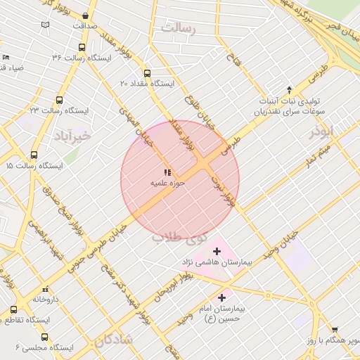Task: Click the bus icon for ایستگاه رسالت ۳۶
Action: (82, 48)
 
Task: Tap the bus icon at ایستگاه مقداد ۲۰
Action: (147, 73)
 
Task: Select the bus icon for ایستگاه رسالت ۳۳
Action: (59, 100)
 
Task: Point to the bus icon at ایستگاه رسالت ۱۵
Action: (34, 155)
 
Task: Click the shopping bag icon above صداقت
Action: (85, 15)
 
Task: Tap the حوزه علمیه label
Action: (167, 183)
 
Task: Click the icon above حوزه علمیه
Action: (167, 172)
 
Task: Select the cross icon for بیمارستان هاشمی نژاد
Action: (217, 251)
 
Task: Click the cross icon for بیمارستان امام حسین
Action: (223, 297)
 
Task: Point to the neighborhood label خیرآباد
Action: (73, 135)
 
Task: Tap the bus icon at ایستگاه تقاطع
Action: (14, 309)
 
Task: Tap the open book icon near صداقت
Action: (46, 25)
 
